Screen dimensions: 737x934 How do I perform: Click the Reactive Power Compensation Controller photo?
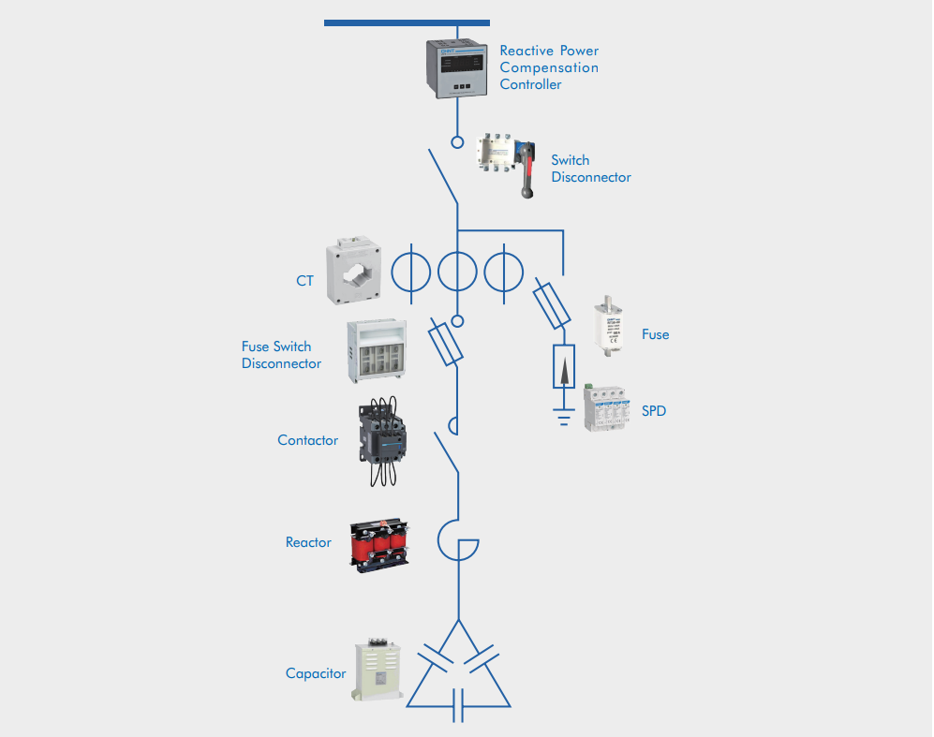click(x=457, y=67)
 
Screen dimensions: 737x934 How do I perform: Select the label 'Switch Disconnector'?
click(x=590, y=169)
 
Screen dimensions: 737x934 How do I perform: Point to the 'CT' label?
click(x=305, y=280)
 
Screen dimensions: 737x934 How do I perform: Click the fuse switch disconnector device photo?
click(x=379, y=350)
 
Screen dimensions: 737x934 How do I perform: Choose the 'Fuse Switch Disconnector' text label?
click(x=281, y=355)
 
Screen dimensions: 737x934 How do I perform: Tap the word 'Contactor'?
click(x=307, y=440)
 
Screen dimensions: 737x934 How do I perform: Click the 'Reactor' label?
click(x=308, y=542)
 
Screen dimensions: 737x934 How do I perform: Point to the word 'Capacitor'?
click(x=316, y=673)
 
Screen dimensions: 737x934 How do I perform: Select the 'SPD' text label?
click(x=654, y=410)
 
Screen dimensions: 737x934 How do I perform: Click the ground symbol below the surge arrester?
click(x=563, y=415)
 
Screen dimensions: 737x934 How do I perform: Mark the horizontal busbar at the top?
click(x=407, y=22)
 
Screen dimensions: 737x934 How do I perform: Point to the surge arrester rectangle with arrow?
click(x=563, y=366)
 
